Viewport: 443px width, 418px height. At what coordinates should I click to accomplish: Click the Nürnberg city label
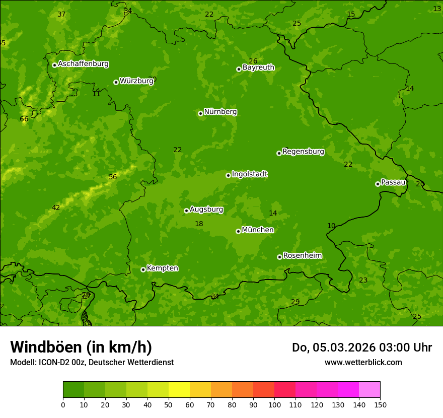(x=220, y=112)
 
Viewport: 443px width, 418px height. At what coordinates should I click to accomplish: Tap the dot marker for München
(x=238, y=231)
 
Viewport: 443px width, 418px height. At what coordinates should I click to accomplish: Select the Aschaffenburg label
(x=83, y=64)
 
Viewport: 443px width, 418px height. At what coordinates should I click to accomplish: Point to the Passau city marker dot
(x=378, y=184)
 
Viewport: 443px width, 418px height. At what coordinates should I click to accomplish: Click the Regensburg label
(x=303, y=152)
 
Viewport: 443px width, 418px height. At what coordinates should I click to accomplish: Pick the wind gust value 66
(x=24, y=119)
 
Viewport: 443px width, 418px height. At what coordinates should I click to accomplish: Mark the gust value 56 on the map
(x=113, y=177)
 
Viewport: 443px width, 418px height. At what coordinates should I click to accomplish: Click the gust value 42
(x=56, y=208)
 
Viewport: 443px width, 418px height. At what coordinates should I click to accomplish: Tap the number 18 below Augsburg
(x=199, y=224)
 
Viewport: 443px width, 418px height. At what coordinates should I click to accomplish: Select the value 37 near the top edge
(x=61, y=14)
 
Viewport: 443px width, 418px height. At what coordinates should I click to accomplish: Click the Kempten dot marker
(x=143, y=269)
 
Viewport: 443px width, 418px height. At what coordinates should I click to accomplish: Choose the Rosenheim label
(x=302, y=256)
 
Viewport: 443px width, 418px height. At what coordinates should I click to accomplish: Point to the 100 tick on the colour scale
(x=274, y=404)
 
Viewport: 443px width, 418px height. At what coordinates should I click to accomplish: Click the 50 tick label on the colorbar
(x=169, y=404)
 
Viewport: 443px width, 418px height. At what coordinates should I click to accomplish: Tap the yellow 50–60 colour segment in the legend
(x=179, y=390)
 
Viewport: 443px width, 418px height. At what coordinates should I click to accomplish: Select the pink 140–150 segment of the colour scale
(x=370, y=390)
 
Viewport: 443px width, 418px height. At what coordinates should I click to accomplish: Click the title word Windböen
(x=46, y=347)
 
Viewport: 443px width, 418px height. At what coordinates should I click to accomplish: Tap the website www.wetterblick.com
(x=363, y=362)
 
